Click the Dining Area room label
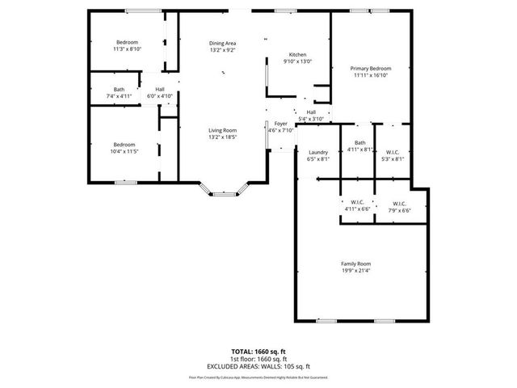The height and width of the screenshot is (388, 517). pyautogui.click(x=222, y=43)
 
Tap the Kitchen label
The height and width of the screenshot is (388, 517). pyautogui.click(x=296, y=55)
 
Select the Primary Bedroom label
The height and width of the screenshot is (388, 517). pyautogui.click(x=370, y=69)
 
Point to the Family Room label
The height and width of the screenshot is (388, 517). pyautogui.click(x=355, y=264)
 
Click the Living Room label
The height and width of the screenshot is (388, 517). pyautogui.click(x=222, y=130)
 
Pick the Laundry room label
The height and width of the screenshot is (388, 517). pyautogui.click(x=318, y=152)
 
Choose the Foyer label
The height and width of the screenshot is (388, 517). pyautogui.click(x=280, y=123)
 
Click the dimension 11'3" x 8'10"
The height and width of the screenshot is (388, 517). pyautogui.click(x=127, y=48)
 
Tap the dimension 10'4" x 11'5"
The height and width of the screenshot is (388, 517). pyautogui.click(x=124, y=151)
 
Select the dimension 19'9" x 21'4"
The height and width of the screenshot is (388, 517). pyautogui.click(x=355, y=271)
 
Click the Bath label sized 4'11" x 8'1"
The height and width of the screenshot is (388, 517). pyautogui.click(x=359, y=143)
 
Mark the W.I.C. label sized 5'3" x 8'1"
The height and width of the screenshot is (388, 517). pyautogui.click(x=393, y=152)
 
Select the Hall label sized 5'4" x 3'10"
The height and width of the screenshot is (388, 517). pyautogui.click(x=311, y=112)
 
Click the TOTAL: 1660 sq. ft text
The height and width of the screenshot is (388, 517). pyautogui.click(x=258, y=352)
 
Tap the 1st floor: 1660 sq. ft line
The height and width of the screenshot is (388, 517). pyautogui.click(x=258, y=359)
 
